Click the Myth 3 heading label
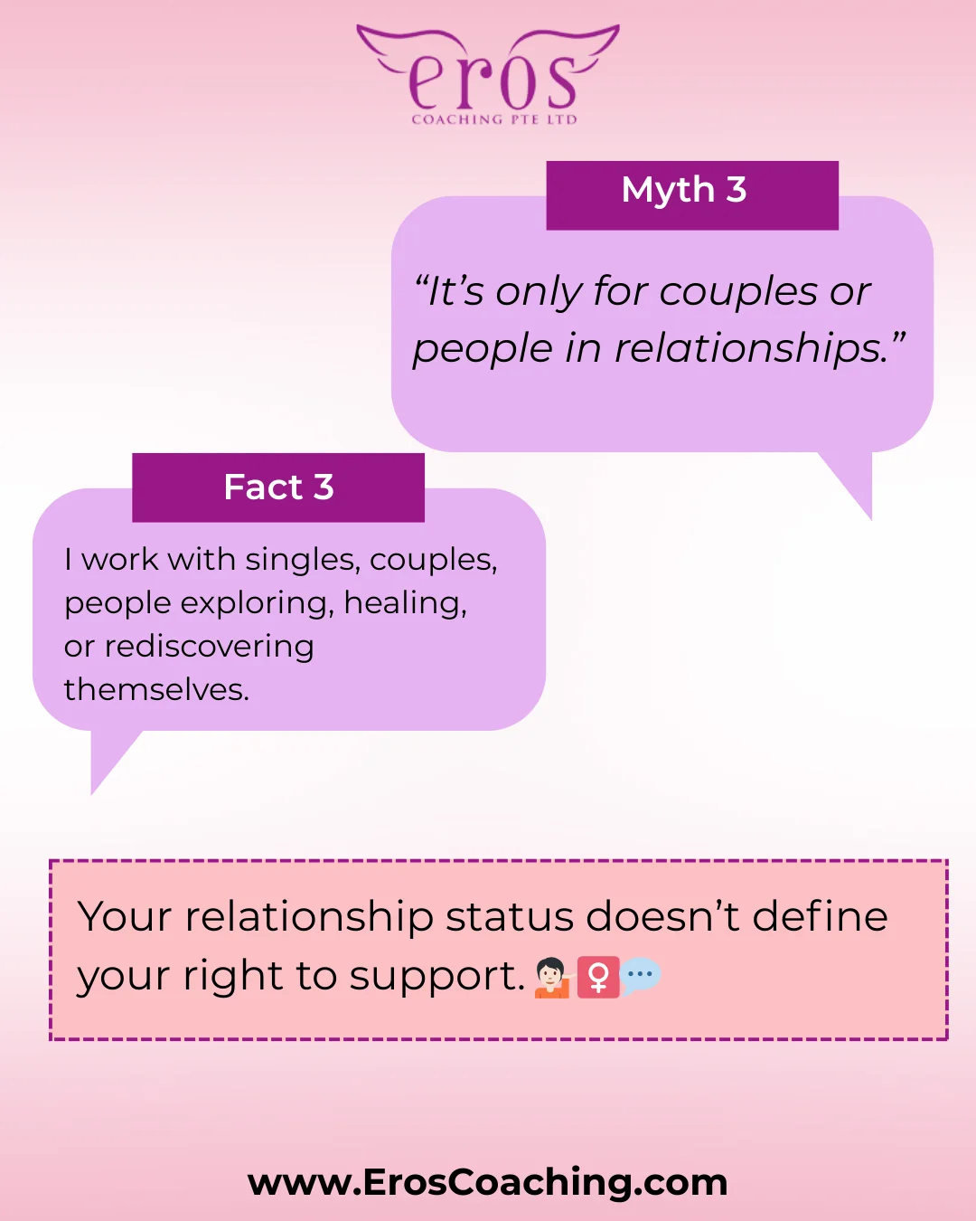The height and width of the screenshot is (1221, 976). (x=684, y=189)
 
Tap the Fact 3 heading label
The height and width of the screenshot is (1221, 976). (x=278, y=487)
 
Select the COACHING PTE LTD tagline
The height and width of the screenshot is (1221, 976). (x=494, y=119)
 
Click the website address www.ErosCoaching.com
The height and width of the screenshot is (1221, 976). (x=488, y=1182)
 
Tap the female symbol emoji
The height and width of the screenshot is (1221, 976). (x=597, y=977)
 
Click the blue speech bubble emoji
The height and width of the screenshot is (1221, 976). (x=640, y=977)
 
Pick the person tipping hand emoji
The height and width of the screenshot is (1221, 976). (x=554, y=977)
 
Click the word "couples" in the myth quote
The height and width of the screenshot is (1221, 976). (x=738, y=292)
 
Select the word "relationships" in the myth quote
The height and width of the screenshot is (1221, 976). (x=752, y=348)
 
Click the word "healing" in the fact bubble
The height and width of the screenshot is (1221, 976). (x=406, y=603)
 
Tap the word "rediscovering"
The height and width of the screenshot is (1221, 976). (x=210, y=647)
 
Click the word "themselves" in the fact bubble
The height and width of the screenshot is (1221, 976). (x=156, y=690)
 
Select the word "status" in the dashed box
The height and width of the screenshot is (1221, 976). (x=510, y=916)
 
